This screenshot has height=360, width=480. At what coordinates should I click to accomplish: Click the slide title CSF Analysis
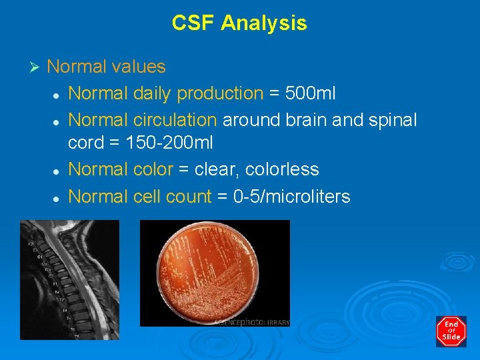[239, 23]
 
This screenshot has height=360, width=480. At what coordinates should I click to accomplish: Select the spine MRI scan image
[69, 280]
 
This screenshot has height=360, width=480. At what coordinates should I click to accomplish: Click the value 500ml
[310, 94]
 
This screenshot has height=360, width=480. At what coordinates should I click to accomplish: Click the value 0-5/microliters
[291, 197]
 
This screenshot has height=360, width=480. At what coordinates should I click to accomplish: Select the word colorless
[282, 170]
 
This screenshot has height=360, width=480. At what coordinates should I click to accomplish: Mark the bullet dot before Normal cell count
[57, 198]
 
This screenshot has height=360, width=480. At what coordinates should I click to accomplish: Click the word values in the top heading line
[139, 67]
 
